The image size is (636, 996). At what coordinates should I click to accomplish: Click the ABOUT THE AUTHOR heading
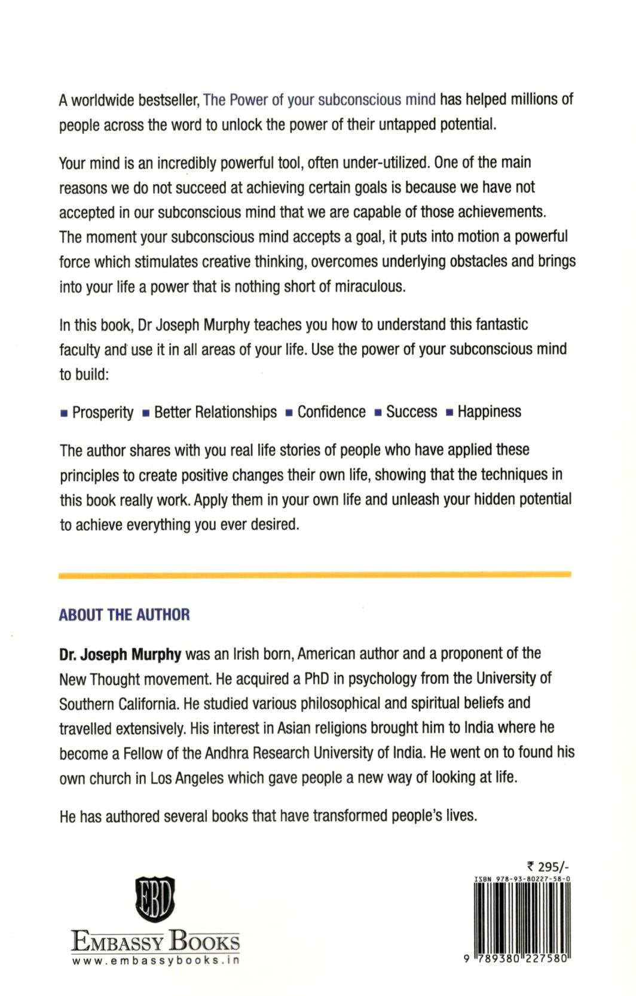[124, 615]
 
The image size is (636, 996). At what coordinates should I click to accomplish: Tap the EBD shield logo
[155, 899]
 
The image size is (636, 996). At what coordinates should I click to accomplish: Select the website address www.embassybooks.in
[155, 961]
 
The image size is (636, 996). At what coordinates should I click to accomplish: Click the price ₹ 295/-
[548, 867]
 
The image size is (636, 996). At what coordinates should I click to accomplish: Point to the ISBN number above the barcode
[522, 879]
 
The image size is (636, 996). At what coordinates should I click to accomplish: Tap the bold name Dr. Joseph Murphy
[120, 654]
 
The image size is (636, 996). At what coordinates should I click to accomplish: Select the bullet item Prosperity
[103, 413]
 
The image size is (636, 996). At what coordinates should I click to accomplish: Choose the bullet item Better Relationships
[215, 413]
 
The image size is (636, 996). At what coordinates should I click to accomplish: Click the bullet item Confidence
[331, 412]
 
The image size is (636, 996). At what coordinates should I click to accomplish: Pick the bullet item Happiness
[489, 412]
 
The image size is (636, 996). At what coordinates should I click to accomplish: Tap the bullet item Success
[411, 412]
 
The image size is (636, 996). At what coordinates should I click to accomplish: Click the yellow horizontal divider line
[315, 575]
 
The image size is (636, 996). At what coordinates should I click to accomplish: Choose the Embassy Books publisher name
[155, 941]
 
